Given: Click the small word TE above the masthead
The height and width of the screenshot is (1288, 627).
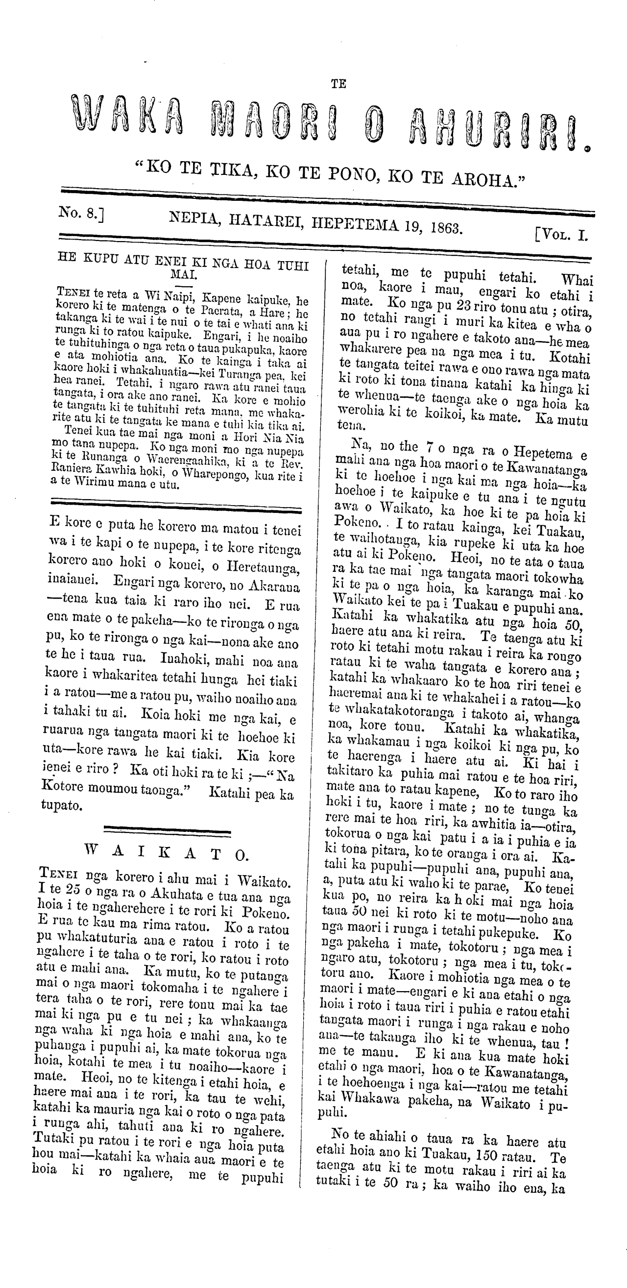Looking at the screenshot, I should [x=338, y=84].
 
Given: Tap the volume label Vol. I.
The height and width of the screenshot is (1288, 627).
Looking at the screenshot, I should [x=562, y=234].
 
